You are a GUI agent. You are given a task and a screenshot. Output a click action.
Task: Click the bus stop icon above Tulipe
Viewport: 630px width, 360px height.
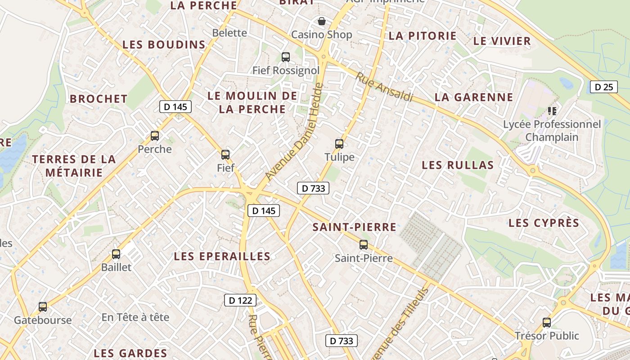pyautogui.click(x=339, y=144)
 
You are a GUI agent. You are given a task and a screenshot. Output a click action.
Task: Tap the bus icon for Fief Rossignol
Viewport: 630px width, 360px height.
pyautogui.click(x=286, y=57)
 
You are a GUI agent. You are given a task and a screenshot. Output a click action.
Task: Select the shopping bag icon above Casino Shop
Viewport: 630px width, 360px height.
pyautogui.click(x=322, y=21)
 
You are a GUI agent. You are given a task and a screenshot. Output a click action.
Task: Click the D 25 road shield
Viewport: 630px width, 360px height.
pyautogui.click(x=603, y=87)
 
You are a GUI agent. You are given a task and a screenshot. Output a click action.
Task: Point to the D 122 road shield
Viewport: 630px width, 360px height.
pyautogui.click(x=240, y=300)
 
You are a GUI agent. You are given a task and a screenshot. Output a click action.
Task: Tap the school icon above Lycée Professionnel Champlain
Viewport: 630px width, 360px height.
pyautogui.click(x=552, y=111)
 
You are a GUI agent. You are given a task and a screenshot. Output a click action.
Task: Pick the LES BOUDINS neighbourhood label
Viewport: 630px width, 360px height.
pyautogui.click(x=164, y=45)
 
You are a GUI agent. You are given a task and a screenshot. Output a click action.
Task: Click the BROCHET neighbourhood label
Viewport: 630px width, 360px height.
pyautogui.click(x=99, y=99)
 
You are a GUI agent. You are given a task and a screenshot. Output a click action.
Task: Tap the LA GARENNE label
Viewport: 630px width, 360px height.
pyautogui.click(x=474, y=97)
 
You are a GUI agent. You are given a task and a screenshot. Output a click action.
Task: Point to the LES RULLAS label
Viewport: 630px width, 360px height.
pyautogui.click(x=458, y=165)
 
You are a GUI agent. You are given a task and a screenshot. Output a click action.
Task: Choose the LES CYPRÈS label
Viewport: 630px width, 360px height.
pyautogui.click(x=544, y=223)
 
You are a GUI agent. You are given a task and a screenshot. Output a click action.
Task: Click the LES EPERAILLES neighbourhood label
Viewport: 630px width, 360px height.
pyautogui.click(x=222, y=256)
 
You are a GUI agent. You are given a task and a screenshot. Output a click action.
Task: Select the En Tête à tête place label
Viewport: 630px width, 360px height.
pyautogui.click(x=135, y=317)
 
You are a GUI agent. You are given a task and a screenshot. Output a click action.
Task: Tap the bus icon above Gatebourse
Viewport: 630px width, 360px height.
pyautogui.click(x=43, y=307)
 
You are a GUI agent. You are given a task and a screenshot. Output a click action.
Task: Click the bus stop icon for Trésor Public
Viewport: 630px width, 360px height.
pyautogui.click(x=547, y=323)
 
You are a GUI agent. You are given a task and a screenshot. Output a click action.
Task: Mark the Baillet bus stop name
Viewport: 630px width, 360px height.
pyautogui.click(x=117, y=267)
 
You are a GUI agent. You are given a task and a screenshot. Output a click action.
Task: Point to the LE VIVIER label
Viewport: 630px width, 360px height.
pyautogui.click(x=502, y=41)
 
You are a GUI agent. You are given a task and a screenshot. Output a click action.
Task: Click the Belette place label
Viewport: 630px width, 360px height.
pyautogui.click(x=229, y=33)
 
